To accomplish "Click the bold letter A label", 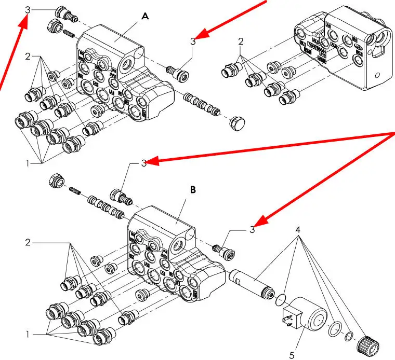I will (x=145, y=17).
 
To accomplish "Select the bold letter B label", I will (x=193, y=190).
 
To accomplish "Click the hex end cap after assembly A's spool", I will (x=236, y=122).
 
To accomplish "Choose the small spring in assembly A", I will (x=69, y=34).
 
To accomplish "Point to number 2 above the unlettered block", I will (x=241, y=41).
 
